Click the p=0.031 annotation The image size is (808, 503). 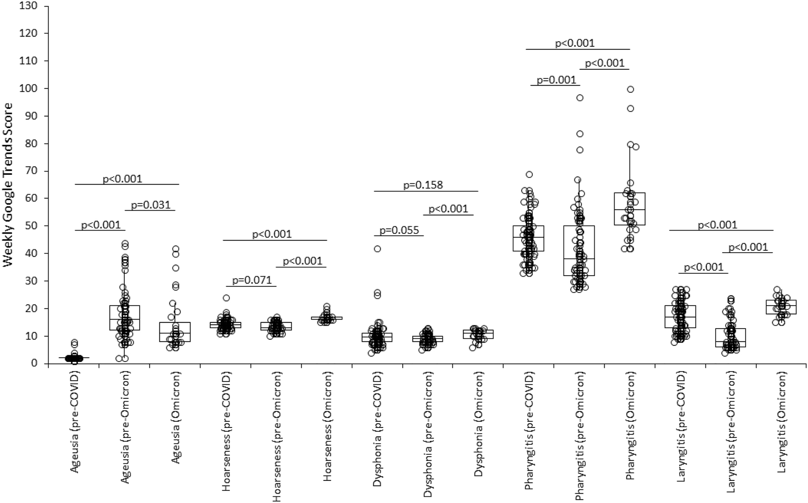(150, 205)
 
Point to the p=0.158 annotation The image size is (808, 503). (423, 185)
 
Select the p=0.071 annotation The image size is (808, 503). (252, 280)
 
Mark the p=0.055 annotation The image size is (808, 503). (399, 230)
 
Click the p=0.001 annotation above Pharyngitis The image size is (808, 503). (556, 80)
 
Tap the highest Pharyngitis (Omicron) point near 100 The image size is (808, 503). (630, 89)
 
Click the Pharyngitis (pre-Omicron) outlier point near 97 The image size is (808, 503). (580, 98)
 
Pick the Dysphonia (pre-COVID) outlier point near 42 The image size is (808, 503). (377, 248)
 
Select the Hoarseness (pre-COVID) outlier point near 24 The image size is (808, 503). (226, 298)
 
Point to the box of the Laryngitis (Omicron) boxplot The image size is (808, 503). (781, 307)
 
